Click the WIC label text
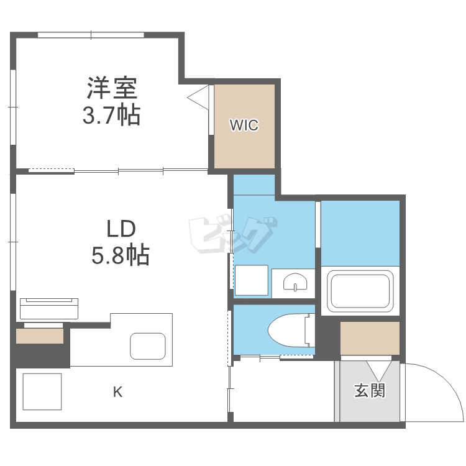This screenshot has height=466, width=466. tap(244, 126)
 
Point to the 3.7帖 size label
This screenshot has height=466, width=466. tap(112, 116)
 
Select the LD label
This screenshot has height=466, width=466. tap(121, 229)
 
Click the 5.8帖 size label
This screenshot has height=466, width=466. tap(121, 255)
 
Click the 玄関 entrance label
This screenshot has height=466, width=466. tap(370, 391)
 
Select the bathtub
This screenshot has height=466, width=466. tap(361, 291)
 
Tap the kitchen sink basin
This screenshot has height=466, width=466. tap(147, 347)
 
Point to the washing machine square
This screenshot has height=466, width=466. tap(251, 280)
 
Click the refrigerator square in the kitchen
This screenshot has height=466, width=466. tap(42, 391)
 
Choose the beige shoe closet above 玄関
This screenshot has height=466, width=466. tap(370, 338)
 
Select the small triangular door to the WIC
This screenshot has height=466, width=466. tap(199, 98)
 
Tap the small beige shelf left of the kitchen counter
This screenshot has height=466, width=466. tap(39, 336)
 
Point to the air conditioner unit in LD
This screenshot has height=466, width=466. tap(50, 309)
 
